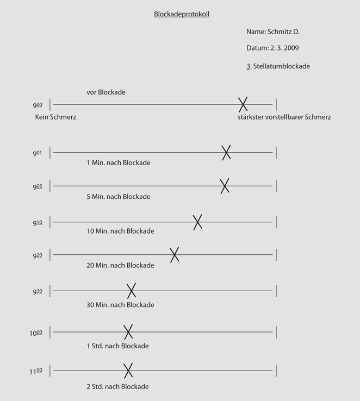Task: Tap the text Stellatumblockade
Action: (281, 66)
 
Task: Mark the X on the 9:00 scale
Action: (243, 104)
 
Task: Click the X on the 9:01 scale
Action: (226, 153)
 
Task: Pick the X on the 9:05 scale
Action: (224, 186)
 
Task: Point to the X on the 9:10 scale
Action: (197, 222)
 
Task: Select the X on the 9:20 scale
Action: (174, 254)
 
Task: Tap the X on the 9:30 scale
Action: (131, 291)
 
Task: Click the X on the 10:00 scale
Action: (128, 331)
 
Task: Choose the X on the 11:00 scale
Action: (128, 371)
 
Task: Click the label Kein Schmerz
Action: (55, 117)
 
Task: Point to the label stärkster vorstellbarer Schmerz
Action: (284, 117)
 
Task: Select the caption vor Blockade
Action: (106, 92)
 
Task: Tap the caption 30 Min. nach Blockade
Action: (120, 305)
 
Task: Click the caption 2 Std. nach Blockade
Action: (117, 386)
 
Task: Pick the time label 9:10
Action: (38, 223)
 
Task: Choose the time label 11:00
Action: (36, 372)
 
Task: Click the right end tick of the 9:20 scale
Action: (276, 254)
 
